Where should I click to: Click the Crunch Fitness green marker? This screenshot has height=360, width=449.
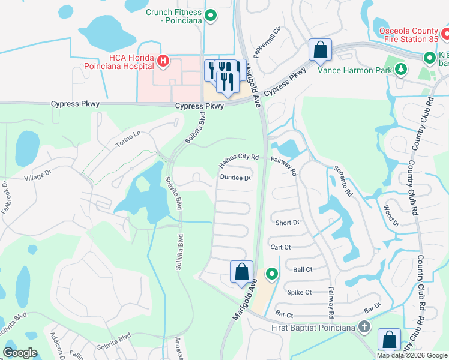[x=210, y=16]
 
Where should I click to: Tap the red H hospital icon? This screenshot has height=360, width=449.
[x=163, y=61]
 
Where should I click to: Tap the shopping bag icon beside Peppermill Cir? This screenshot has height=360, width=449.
[x=320, y=50]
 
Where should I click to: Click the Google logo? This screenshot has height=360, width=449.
[x=20, y=353]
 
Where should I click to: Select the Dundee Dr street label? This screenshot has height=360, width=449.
[x=235, y=178]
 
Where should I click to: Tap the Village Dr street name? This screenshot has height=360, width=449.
[x=38, y=178]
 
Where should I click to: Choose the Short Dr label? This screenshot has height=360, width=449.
[x=287, y=223]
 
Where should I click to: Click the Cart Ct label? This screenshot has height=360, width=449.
[x=280, y=247]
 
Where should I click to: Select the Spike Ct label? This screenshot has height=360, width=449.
[x=299, y=292]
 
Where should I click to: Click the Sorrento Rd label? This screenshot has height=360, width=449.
[x=342, y=182]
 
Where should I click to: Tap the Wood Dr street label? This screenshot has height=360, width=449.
[x=391, y=215]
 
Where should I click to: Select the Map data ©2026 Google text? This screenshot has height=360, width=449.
[x=412, y=355]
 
